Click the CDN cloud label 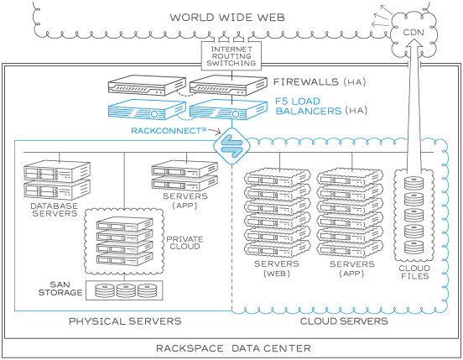pyautogui.click(x=414, y=32)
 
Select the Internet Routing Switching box pyautogui.click(x=231, y=56)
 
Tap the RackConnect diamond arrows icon pyautogui.click(x=231, y=146)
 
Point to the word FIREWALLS pyautogui.click(x=306, y=81)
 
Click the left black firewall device pyautogui.click(x=147, y=85)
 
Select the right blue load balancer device pyautogui.click(x=228, y=109)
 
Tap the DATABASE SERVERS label pyautogui.click(x=55, y=210)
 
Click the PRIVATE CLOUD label pyautogui.click(x=185, y=243)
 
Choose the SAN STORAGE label pyautogui.click(x=60, y=289)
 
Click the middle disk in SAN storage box pyautogui.click(x=126, y=290)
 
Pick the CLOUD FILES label pyautogui.click(x=414, y=272)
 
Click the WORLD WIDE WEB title pyautogui.click(x=227, y=17)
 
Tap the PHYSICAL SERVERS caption pyautogui.click(x=125, y=321)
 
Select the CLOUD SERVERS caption pyautogui.click(x=344, y=321)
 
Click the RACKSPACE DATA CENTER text pyautogui.click(x=233, y=348)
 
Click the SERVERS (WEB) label pyautogui.click(x=277, y=269)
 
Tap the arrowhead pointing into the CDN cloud pyautogui.click(x=414, y=43)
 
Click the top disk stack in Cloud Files pyautogui.click(x=414, y=184)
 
